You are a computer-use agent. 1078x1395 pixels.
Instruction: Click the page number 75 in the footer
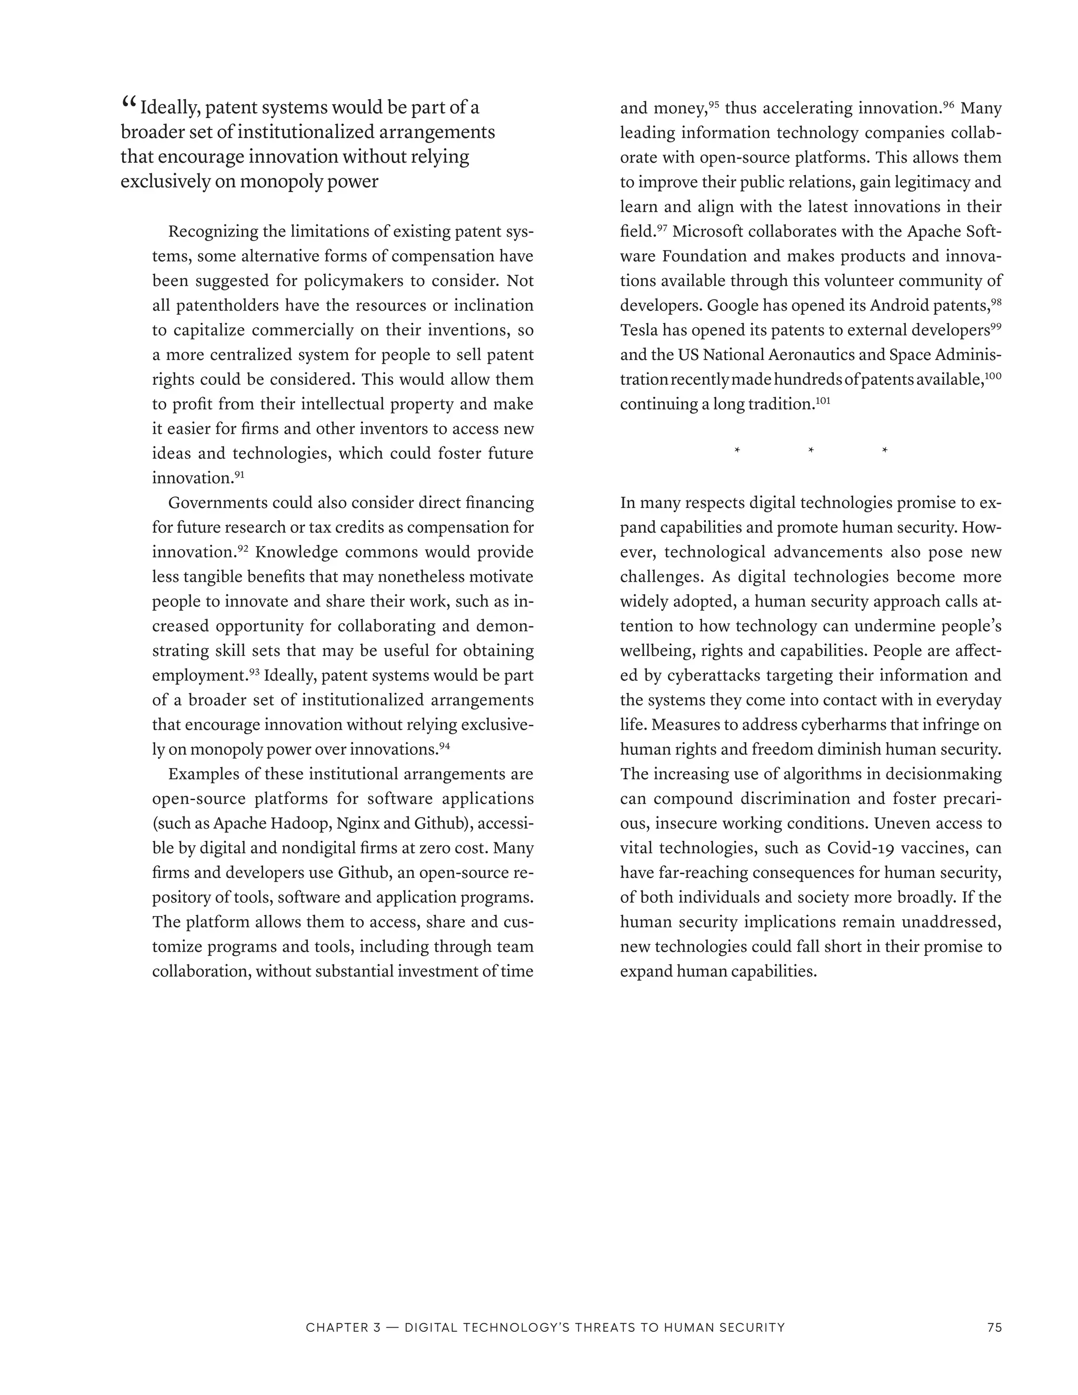(x=994, y=1327)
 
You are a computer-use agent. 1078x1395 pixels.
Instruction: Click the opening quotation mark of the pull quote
(x=128, y=102)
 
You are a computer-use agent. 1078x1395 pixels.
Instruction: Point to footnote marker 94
(x=444, y=745)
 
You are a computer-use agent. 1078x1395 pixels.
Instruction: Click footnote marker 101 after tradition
(x=824, y=401)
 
